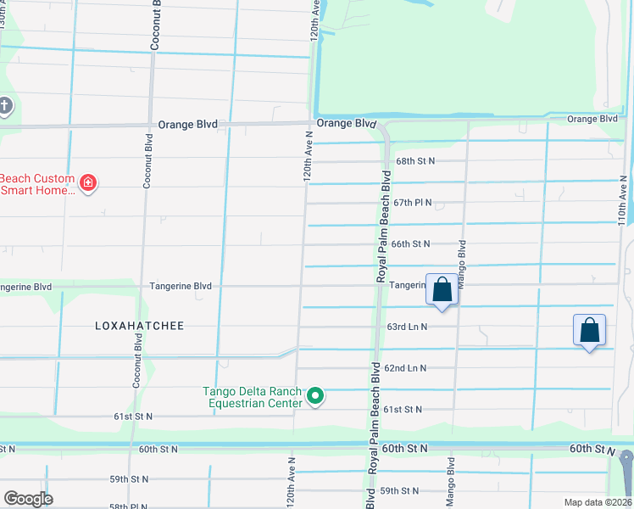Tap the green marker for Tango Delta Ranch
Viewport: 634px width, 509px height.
pos(315,396)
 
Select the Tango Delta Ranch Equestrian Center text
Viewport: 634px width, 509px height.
pos(252,397)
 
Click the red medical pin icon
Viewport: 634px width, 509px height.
pos(87,182)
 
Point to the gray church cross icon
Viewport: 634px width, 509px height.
pos(5,107)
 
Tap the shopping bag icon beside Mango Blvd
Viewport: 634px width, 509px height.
pos(442,290)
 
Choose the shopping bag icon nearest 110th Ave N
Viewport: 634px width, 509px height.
pos(590,330)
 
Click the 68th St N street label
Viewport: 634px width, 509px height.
pos(415,161)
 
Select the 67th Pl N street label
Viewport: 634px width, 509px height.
pos(413,203)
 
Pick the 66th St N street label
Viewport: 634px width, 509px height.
pos(410,243)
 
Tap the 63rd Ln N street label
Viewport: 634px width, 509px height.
pos(407,327)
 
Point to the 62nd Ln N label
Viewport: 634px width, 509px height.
pos(405,368)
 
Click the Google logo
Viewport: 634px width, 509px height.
pos(28,499)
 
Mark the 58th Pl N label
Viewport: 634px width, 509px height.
pos(128,506)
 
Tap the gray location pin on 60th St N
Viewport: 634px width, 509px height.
pos(626,464)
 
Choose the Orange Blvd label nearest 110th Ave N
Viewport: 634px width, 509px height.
pos(592,119)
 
